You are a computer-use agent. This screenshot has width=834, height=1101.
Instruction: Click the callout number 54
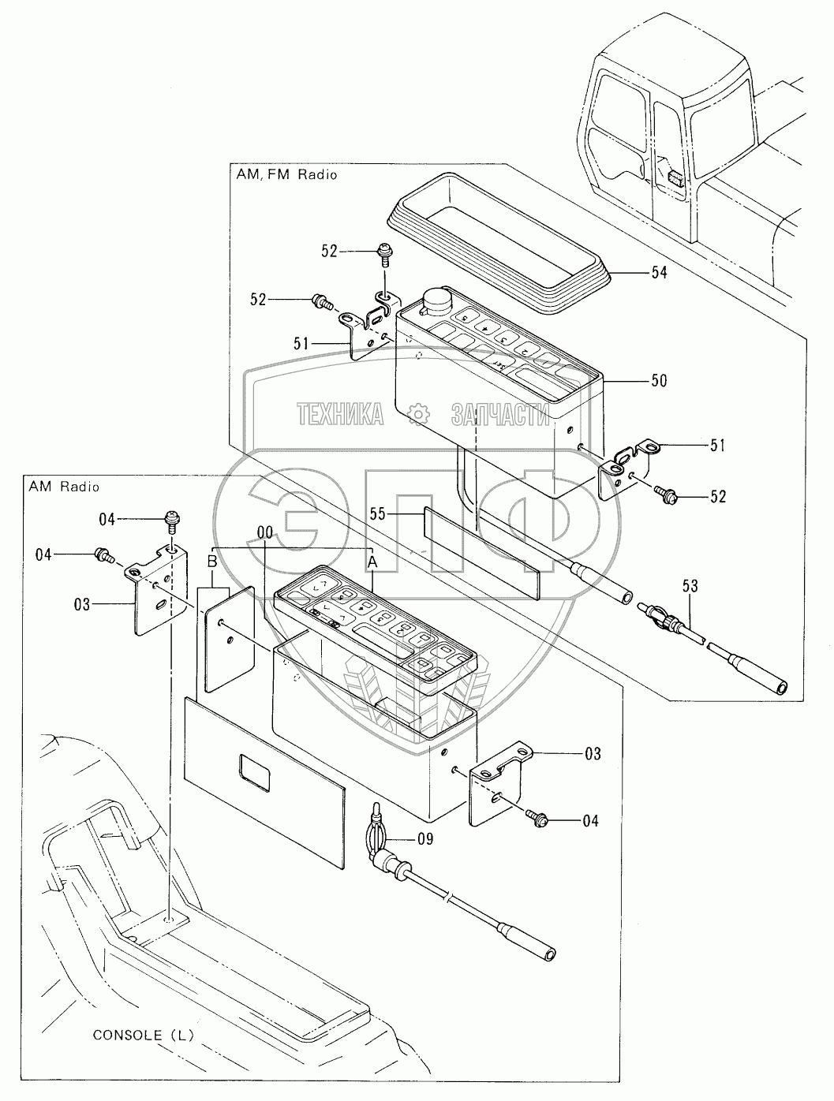(x=658, y=272)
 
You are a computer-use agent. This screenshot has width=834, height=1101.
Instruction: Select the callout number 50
(x=658, y=381)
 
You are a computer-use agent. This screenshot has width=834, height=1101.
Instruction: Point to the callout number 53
(x=690, y=586)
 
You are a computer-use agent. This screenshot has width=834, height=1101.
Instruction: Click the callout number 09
(x=425, y=839)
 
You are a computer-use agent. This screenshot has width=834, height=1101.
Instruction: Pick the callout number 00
(x=264, y=533)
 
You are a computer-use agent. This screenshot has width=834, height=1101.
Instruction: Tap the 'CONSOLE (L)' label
(x=143, y=1034)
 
